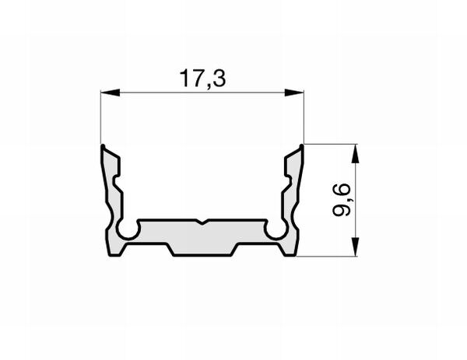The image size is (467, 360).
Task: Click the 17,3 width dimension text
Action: (x=202, y=79)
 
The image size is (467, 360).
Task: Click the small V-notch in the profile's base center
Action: (x=202, y=223)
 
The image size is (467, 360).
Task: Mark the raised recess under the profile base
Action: (x=202, y=250)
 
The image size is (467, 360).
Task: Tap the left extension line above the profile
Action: (x=101, y=117)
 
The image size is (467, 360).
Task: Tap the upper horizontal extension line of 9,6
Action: (x=331, y=144)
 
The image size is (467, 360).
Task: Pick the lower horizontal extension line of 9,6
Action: (x=331, y=256)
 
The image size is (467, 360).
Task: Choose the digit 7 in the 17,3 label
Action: (x=194, y=79)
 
